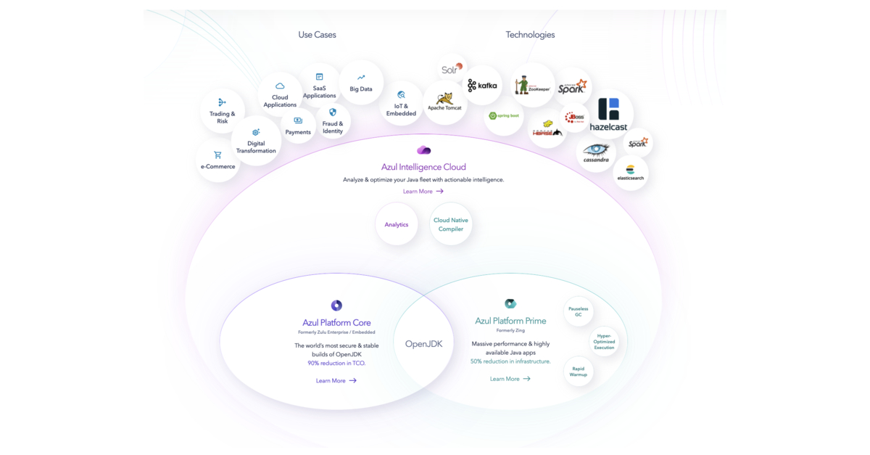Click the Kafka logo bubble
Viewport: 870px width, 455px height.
[482, 86]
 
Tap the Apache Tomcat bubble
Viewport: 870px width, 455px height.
[444, 102]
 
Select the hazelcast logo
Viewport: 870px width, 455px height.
[609, 115]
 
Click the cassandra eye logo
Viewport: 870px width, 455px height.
[596, 153]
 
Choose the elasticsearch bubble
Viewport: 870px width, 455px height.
[630, 173]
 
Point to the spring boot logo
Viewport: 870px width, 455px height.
[504, 116]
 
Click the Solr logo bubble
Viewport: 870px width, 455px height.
[452, 69]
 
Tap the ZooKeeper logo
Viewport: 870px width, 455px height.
[532, 86]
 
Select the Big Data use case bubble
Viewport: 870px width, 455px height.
[361, 83]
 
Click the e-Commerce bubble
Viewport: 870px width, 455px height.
[217, 160]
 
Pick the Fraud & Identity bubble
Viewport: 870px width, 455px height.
[333, 121]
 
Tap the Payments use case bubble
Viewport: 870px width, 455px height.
[298, 126]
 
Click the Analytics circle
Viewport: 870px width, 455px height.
[397, 224]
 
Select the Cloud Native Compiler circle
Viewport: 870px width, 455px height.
[451, 224]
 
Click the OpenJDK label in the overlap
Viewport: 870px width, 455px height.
[424, 344]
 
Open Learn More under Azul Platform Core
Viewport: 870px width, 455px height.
[336, 380]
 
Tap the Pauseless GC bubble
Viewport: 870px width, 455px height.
[579, 311]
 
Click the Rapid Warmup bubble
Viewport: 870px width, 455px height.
[579, 372]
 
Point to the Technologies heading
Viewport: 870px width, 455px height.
[530, 35]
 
